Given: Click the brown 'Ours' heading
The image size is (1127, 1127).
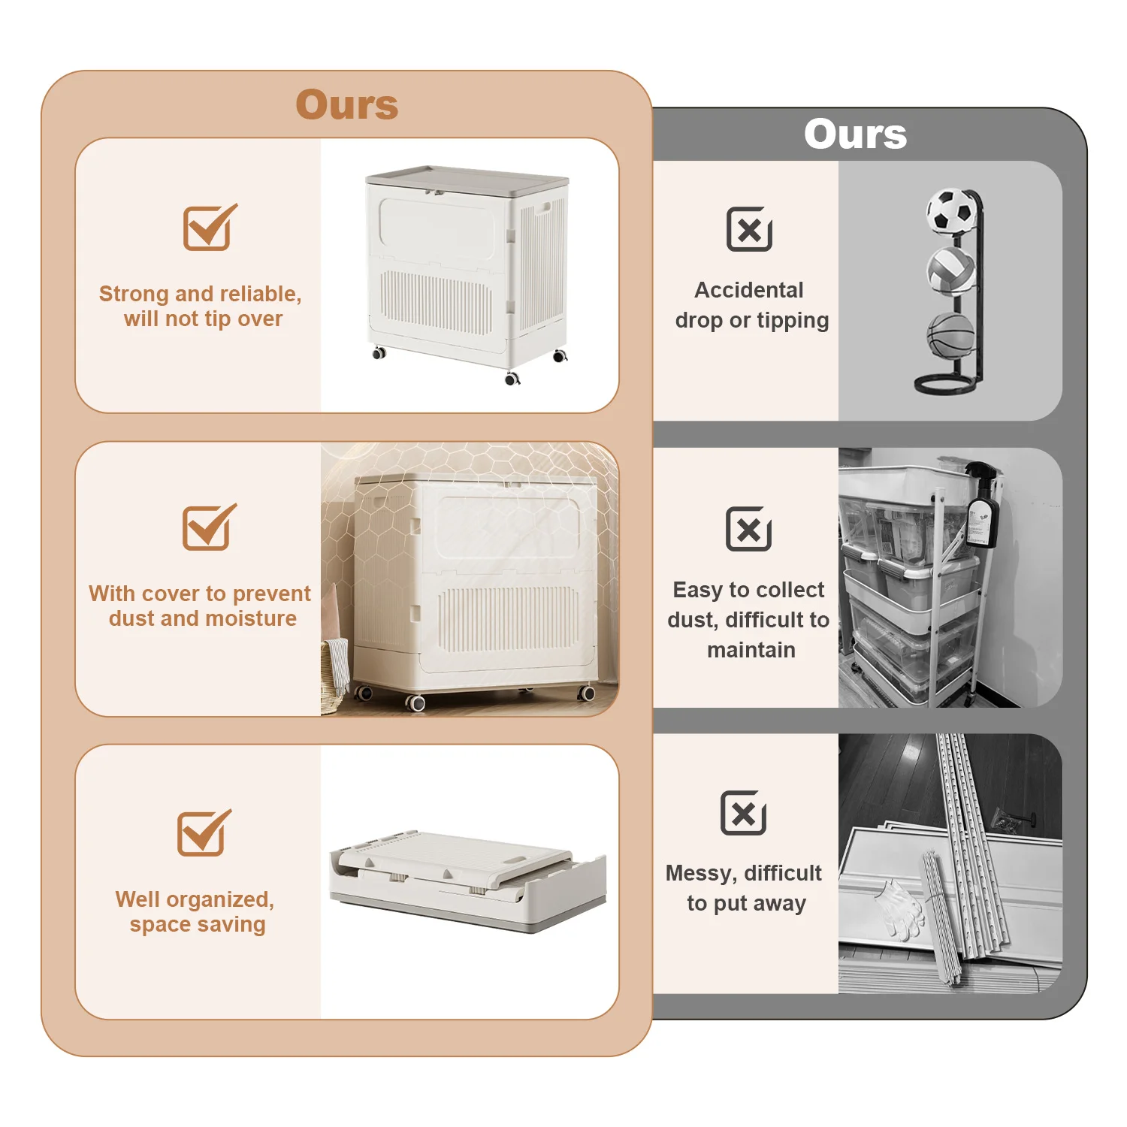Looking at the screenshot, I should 347,104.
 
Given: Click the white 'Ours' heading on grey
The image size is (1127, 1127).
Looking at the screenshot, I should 855,134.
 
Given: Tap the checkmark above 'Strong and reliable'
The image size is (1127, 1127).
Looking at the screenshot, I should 210,227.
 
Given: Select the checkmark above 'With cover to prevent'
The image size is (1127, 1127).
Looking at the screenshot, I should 209,527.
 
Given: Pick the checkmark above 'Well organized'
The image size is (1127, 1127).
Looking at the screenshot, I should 204,832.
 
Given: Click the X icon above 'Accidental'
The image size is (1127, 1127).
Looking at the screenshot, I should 749,229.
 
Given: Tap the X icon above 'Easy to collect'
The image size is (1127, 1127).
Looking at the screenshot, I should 748,529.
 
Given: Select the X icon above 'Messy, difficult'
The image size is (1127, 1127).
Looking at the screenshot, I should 743,812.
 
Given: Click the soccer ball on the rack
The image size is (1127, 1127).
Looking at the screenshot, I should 953,211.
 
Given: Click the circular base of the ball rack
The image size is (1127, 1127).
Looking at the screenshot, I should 949,385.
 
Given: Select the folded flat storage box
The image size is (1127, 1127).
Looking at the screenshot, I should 467,878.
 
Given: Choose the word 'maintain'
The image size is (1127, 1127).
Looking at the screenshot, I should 751,650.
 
